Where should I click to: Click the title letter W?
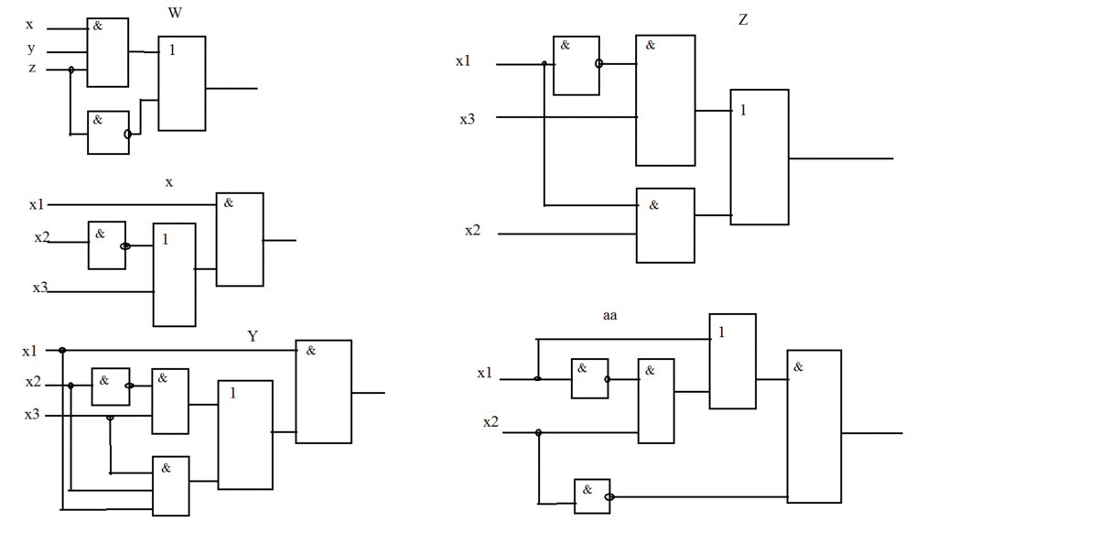[174, 13]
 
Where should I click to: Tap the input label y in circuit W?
[30, 49]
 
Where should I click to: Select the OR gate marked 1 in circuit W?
[182, 83]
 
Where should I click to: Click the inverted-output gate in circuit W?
[108, 133]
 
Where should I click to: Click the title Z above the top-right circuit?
[743, 19]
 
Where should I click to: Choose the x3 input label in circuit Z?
[467, 118]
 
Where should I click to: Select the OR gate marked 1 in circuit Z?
[759, 157]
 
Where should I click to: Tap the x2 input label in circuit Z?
[472, 231]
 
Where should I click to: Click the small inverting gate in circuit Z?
[576, 66]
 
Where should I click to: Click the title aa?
[609, 316]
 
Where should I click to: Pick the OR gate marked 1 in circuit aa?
[732, 361]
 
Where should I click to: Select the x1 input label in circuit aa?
[485, 374]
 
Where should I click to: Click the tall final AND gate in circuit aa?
[813, 426]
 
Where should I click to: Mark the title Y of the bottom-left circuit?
[253, 337]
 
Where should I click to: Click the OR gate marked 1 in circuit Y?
[244, 434]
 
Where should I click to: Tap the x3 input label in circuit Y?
[32, 415]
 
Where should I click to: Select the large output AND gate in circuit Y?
[323, 392]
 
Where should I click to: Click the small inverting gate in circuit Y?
[110, 386]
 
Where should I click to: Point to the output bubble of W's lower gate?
[128, 134]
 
